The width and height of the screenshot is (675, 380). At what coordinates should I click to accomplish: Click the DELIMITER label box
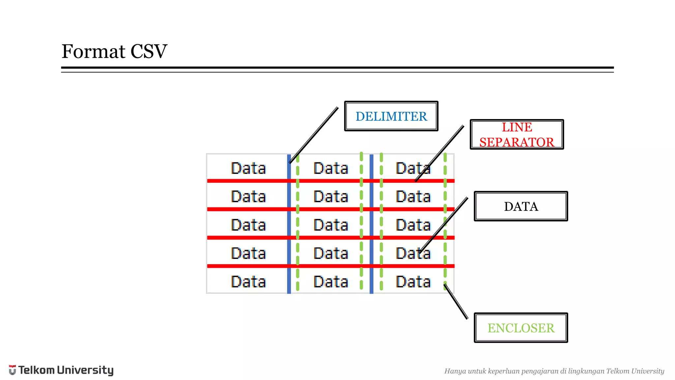(391, 116)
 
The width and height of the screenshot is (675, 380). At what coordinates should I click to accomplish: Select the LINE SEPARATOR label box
(517, 135)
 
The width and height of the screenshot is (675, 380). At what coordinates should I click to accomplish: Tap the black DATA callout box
(521, 206)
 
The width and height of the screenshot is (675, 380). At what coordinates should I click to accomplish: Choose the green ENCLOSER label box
(521, 328)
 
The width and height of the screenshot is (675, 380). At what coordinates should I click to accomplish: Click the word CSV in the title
(149, 51)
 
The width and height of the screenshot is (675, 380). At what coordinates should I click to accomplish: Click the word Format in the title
(94, 51)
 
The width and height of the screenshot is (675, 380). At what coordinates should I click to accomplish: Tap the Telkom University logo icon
(12, 370)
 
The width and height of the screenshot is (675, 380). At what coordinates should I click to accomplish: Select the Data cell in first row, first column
(248, 168)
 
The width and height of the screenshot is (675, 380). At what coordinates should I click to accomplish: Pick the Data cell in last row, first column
(248, 282)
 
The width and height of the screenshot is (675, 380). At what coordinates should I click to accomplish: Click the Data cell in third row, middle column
(331, 225)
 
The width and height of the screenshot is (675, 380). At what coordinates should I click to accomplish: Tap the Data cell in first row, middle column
(331, 168)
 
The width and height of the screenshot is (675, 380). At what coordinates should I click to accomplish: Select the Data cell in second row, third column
(413, 197)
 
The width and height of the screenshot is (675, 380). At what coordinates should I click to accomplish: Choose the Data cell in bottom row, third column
(413, 282)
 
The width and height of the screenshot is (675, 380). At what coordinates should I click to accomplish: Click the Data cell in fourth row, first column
(248, 253)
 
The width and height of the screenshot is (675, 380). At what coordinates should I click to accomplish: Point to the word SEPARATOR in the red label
(517, 142)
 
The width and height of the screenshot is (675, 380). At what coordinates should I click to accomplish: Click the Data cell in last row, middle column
(331, 282)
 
